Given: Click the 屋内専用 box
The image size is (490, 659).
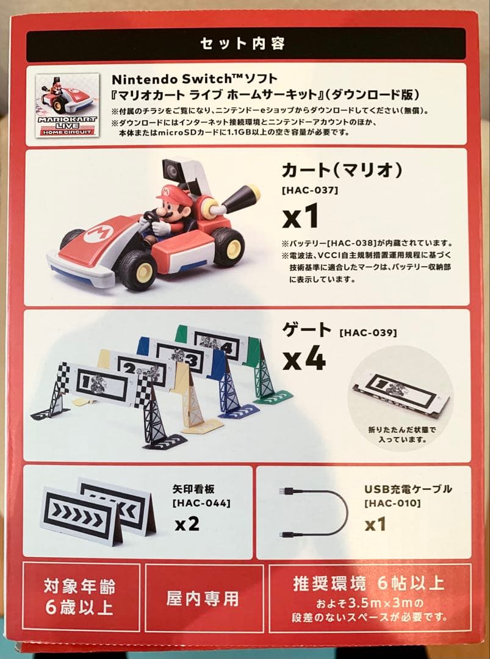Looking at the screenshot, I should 202,598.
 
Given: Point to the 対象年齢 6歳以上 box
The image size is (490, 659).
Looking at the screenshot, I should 80,598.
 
